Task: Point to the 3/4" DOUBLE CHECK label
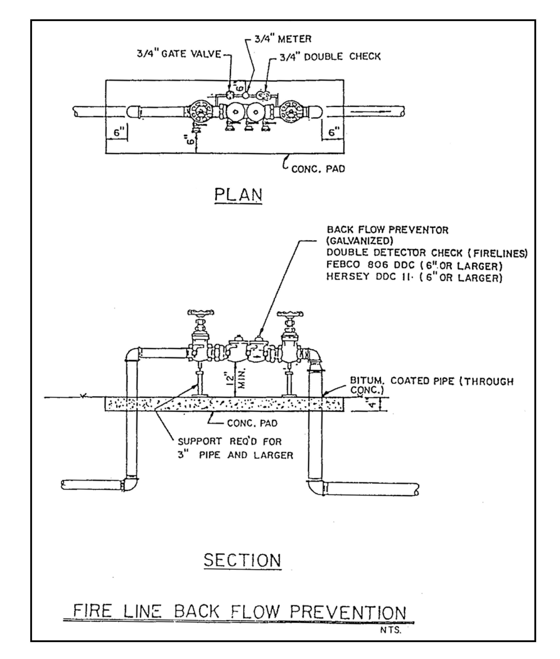pos(330,56)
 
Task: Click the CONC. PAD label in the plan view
pos(318,169)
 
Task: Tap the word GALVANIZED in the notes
pos(360,241)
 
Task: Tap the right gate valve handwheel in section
pos(290,314)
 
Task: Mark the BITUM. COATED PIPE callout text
pos(432,385)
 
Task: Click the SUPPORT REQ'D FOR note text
pos(229,441)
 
